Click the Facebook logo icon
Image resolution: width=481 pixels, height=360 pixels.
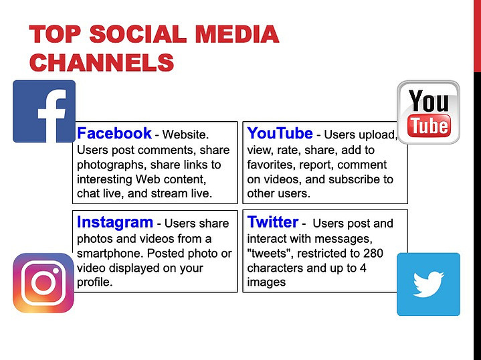[x=44, y=111]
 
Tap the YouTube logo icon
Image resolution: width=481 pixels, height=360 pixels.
[x=428, y=112]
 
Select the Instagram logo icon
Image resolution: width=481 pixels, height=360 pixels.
[x=43, y=283]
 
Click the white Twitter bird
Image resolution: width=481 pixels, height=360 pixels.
[x=428, y=284]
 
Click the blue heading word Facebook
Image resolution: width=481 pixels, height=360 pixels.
[x=114, y=133]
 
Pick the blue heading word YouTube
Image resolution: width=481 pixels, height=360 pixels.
[x=280, y=133]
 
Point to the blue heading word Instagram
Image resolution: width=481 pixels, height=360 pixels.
[x=114, y=222]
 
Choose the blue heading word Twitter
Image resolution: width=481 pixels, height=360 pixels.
[x=273, y=222]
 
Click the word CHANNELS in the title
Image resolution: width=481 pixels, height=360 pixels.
[x=102, y=62]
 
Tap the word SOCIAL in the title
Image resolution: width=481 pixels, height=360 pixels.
[x=138, y=33]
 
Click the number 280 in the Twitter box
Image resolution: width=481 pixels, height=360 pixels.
[x=373, y=254]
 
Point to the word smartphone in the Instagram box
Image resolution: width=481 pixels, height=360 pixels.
[x=110, y=254]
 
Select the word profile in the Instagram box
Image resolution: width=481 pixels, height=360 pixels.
[x=93, y=282]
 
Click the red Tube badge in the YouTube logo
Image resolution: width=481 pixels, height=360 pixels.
[x=429, y=126]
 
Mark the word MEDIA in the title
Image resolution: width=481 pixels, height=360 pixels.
[x=237, y=33]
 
